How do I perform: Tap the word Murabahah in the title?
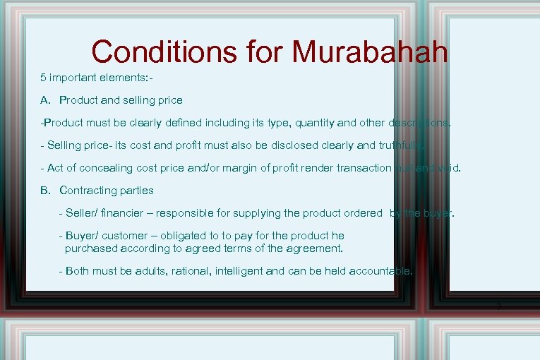click(x=369, y=52)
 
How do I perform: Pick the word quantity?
click(x=310, y=123)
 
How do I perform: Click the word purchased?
click(x=90, y=248)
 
